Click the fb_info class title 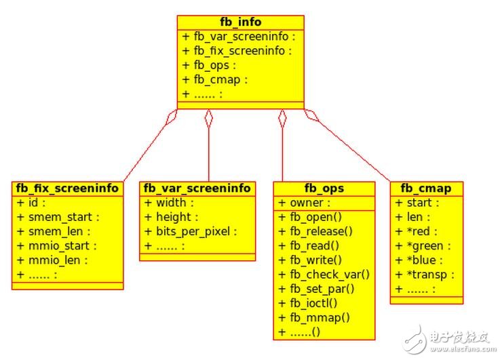click(240, 22)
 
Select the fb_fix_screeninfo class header click(67, 188)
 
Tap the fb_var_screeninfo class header click(197, 188)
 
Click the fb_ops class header click(324, 188)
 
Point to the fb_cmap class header click(426, 188)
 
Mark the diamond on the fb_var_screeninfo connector click(209, 119)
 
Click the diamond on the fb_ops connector click(282, 119)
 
